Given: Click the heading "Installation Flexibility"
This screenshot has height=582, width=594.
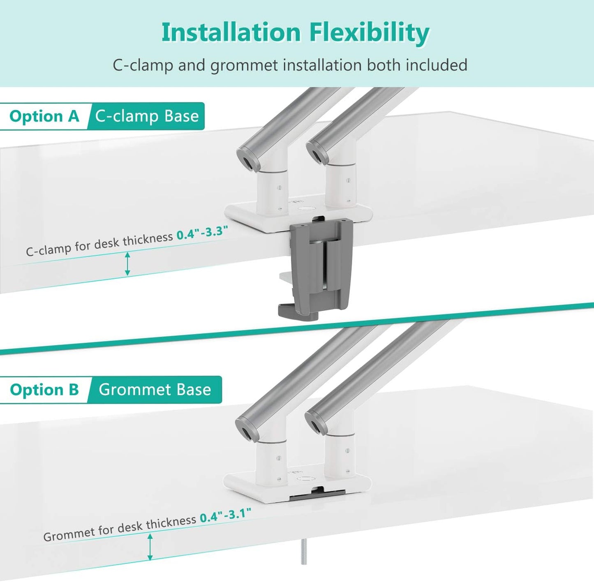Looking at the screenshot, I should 295,33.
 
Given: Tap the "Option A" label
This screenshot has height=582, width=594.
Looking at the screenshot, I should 44,116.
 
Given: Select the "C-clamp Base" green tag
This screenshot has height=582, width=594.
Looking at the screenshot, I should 147,116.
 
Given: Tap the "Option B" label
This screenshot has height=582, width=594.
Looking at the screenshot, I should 44,390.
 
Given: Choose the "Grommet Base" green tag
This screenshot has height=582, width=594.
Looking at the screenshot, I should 155,390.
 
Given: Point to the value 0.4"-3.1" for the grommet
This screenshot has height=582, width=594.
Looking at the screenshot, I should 225,515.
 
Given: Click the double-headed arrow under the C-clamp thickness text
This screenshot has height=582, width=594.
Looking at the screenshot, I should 127,264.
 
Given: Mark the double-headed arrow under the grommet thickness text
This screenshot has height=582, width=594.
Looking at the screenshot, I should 150,547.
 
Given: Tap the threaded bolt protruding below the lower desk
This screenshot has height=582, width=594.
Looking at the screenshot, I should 304,553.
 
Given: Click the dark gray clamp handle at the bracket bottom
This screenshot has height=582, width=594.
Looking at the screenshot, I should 293,310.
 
